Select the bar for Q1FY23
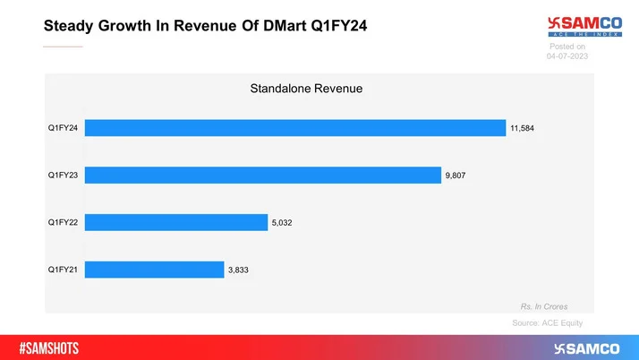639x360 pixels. [x=265, y=175]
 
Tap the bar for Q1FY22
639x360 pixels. [x=178, y=222]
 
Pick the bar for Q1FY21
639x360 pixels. [x=156, y=270]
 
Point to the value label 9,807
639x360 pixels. [x=457, y=176]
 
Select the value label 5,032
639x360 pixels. [x=284, y=222]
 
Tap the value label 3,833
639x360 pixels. [x=239, y=270]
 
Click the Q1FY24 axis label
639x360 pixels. [x=64, y=128]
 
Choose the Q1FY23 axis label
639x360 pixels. [x=64, y=176]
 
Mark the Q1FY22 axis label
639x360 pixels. [x=64, y=222]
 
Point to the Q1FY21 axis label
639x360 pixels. [x=64, y=270]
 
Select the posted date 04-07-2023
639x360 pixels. [x=567, y=56]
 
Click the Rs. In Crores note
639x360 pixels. [x=544, y=306]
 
